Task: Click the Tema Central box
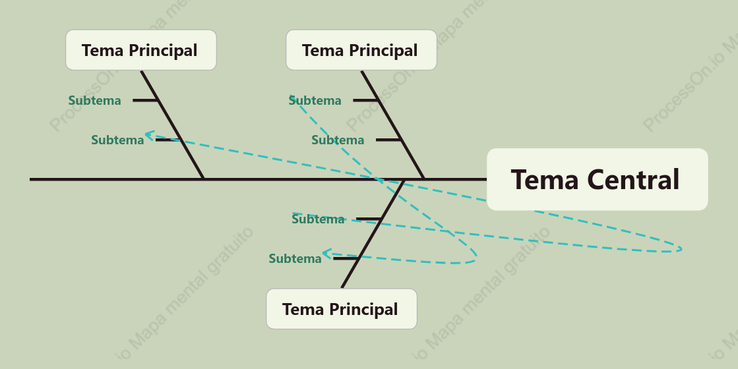click(x=598, y=179)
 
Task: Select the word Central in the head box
click(x=634, y=180)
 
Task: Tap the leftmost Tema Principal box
click(x=140, y=50)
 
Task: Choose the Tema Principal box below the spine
click(x=342, y=309)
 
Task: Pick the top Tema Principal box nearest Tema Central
click(x=361, y=50)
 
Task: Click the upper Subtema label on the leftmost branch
click(x=94, y=100)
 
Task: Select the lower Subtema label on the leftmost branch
click(x=117, y=140)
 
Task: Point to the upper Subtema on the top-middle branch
click(x=315, y=100)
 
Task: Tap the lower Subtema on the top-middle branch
click(x=338, y=140)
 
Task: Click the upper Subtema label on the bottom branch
click(x=318, y=219)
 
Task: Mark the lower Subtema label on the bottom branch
click(x=295, y=258)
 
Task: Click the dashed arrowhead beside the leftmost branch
click(x=149, y=135)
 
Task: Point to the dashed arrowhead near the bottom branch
click(x=326, y=254)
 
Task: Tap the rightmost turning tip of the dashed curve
click(x=681, y=248)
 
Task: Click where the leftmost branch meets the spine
click(x=203, y=179)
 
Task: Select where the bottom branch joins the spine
click(x=404, y=180)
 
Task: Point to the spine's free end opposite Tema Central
click(x=30, y=179)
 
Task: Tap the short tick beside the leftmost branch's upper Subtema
click(x=145, y=100)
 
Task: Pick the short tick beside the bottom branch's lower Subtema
click(x=346, y=258)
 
